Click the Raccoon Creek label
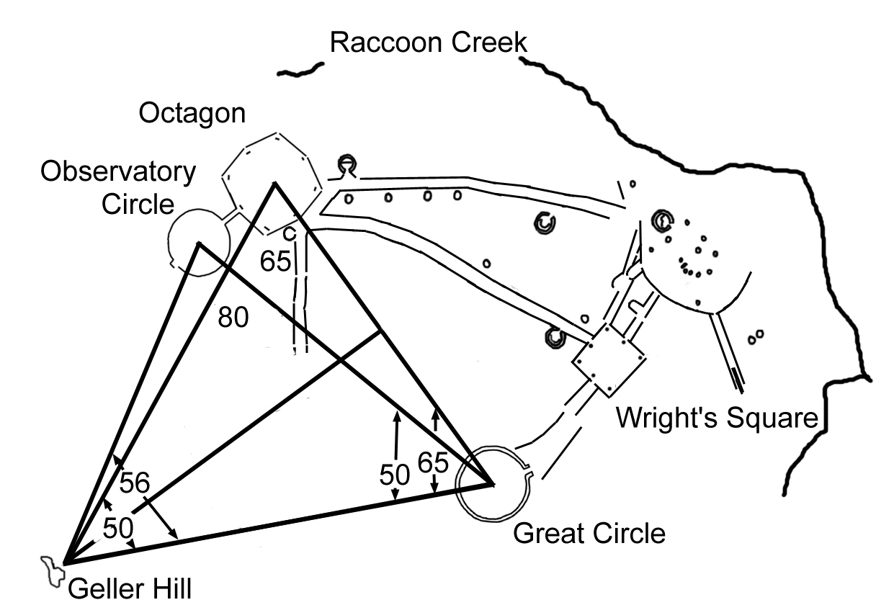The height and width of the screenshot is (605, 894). click(x=428, y=43)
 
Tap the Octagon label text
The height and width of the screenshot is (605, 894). click(x=192, y=114)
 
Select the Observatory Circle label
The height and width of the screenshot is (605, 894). click(x=118, y=188)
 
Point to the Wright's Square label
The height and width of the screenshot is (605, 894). click(x=718, y=417)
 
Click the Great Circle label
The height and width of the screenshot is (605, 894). click(x=589, y=534)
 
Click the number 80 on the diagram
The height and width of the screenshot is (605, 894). click(x=233, y=317)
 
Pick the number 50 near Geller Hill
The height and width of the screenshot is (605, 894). click(x=118, y=528)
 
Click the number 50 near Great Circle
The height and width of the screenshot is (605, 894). click(x=395, y=474)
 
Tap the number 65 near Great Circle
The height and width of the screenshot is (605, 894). click(x=433, y=462)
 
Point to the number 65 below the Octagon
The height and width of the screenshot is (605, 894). click(x=276, y=261)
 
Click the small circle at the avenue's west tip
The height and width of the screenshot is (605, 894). click(x=348, y=164)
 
